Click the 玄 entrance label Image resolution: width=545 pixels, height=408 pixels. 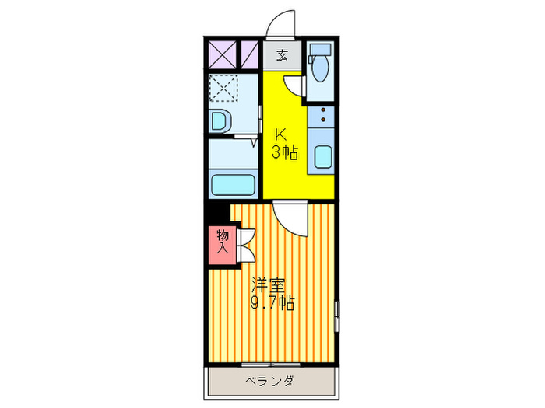(281, 55)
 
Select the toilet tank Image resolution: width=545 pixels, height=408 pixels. (319, 51)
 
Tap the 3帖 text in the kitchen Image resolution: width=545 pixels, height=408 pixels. (284, 152)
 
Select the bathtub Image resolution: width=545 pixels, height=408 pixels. (234, 185)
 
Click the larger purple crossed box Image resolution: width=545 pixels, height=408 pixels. (222, 55)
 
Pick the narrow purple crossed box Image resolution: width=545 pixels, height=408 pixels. (249, 55)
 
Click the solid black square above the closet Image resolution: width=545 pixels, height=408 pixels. (219, 211)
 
